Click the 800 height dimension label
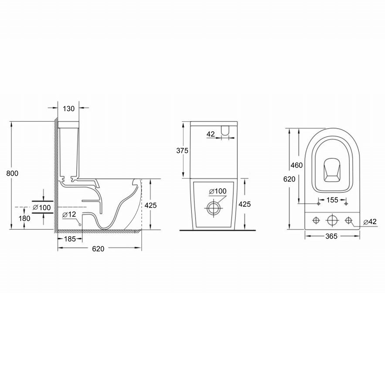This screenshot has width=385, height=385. (x=12, y=174)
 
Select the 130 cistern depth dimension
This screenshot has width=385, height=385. (x=68, y=109)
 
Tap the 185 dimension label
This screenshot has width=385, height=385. (x=70, y=239)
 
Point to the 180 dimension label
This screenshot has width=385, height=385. (x=24, y=218)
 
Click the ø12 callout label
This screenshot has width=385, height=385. (x=69, y=215)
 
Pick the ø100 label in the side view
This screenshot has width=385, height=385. (x=42, y=208)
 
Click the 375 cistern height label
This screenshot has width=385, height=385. (x=182, y=150)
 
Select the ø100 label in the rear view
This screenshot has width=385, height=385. (x=218, y=191)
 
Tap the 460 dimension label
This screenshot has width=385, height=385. (x=296, y=165)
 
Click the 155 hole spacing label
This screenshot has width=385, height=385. (x=332, y=200)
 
